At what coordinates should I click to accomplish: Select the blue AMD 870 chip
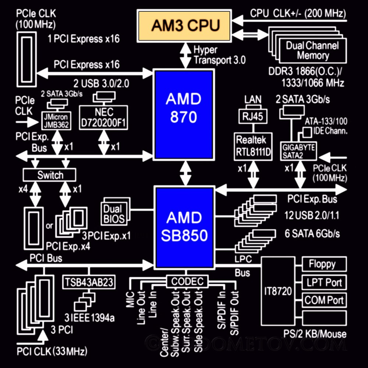coord(184,114)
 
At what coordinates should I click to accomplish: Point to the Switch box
coord(50,175)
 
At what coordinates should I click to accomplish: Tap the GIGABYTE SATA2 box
coord(298,151)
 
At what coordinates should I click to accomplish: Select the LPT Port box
coord(324,282)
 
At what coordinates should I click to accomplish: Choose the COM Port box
coord(324,300)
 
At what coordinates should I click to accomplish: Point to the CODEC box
coord(187,282)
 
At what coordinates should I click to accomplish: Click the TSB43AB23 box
coord(90,282)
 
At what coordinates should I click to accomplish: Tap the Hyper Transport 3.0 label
coord(219,54)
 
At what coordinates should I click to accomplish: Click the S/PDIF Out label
coord(235,313)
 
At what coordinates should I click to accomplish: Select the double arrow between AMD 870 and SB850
coord(185,174)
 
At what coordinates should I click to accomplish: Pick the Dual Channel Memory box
coord(312,50)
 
